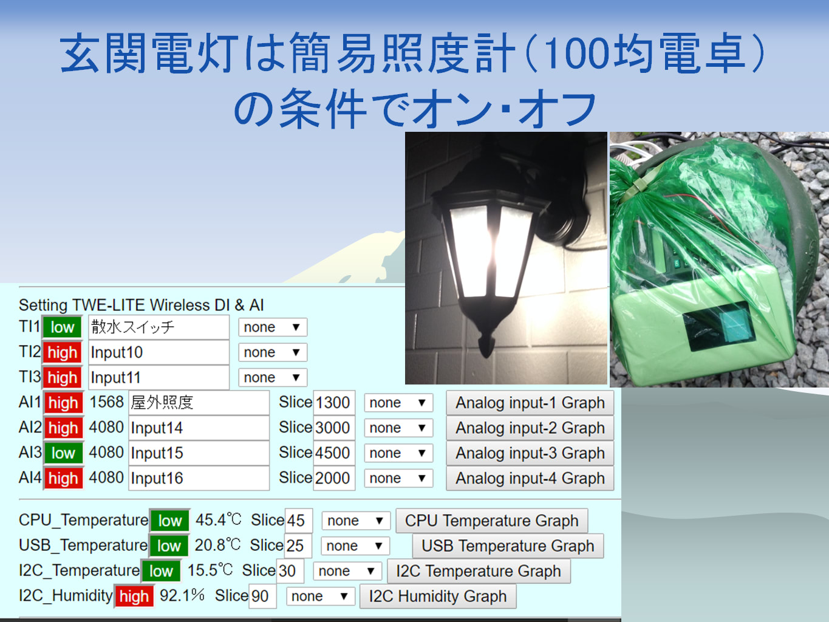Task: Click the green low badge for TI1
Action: click(x=63, y=327)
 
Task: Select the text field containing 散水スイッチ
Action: click(x=159, y=327)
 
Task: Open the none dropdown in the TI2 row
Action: click(x=272, y=352)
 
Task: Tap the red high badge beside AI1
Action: click(x=63, y=403)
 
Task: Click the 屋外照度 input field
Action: click(x=199, y=403)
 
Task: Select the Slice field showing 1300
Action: click(x=334, y=403)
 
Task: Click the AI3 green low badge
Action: click(x=63, y=453)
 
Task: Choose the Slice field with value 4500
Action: click(x=334, y=453)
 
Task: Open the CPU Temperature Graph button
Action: click(x=492, y=521)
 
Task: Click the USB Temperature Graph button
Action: click(x=508, y=546)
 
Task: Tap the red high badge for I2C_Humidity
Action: click(x=134, y=596)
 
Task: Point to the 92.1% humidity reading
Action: click(x=182, y=595)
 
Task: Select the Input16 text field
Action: click(x=199, y=478)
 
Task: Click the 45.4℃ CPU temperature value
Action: click(x=218, y=520)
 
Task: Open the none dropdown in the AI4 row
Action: click(x=398, y=478)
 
